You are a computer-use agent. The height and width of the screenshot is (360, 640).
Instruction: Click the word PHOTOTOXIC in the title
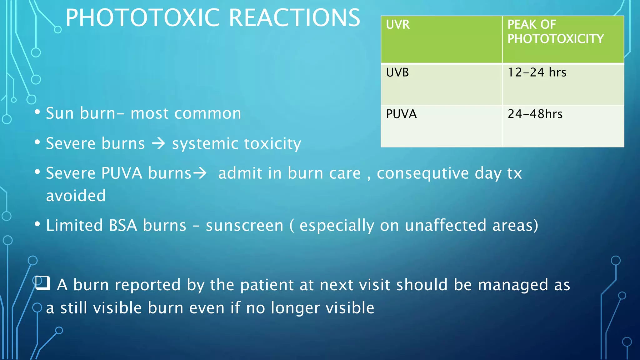[x=145, y=18]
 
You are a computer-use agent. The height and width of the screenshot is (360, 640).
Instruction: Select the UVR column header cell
[x=441, y=39]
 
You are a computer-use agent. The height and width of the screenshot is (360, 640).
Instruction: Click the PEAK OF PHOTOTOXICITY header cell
[x=563, y=39]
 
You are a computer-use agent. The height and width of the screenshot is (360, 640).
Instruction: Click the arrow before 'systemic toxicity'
[x=158, y=144]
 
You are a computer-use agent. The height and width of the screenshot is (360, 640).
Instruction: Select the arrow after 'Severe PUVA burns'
[x=200, y=173]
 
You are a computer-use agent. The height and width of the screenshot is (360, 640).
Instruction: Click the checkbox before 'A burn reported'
[x=42, y=283]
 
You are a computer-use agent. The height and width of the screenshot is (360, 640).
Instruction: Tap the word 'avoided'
[x=76, y=196]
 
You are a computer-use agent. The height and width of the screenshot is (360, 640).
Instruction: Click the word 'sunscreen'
[x=244, y=226]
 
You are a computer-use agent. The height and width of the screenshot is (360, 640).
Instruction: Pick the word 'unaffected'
[x=446, y=226]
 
